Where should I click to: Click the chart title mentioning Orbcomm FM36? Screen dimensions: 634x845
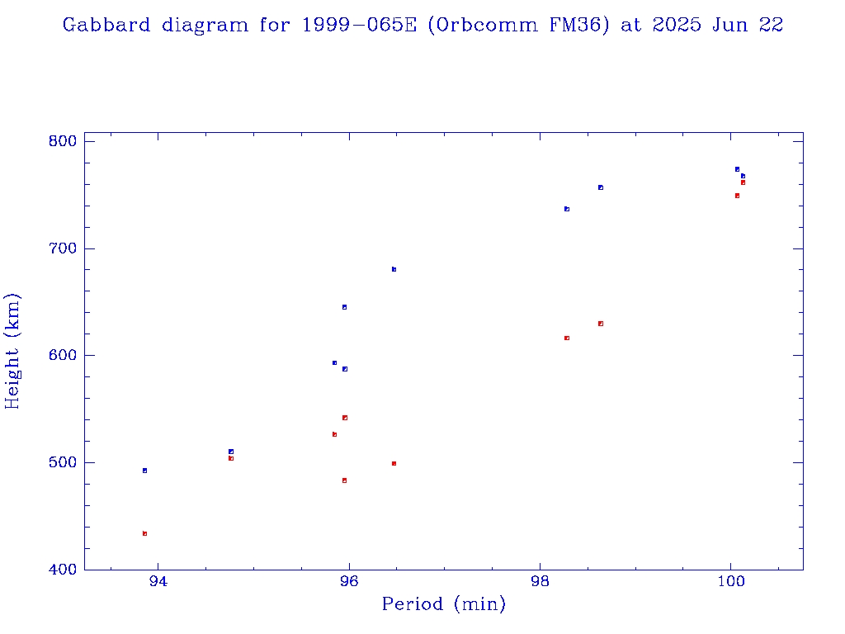click(422, 26)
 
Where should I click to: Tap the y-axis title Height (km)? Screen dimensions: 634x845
click(13, 351)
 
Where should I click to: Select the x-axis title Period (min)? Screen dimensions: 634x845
click(443, 604)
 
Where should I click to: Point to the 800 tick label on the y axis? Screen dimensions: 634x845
click(63, 141)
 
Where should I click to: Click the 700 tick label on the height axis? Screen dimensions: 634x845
click(63, 248)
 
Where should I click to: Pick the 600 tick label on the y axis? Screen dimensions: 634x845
click(63, 356)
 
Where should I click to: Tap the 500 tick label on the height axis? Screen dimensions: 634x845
click(63, 462)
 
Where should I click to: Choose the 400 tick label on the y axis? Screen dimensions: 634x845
click(63, 570)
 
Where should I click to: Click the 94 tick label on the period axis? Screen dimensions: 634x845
click(158, 581)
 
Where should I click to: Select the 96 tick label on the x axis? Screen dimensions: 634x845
click(349, 581)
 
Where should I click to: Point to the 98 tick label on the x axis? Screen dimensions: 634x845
click(540, 581)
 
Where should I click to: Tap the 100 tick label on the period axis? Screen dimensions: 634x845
click(730, 581)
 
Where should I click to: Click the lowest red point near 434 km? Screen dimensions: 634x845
click(144, 533)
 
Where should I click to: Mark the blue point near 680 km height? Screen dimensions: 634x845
click(394, 269)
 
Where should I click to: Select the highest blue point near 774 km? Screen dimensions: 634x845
click(737, 169)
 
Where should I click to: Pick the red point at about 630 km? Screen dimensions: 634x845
click(601, 324)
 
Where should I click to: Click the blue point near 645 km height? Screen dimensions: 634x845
click(344, 307)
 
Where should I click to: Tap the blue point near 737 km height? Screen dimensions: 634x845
click(567, 209)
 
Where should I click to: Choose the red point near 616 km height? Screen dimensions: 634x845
click(567, 338)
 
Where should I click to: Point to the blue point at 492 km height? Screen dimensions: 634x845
click(144, 471)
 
